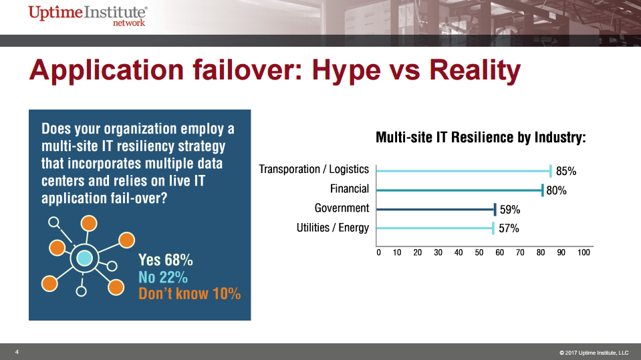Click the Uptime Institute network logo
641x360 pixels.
pyautogui.click(x=88, y=15)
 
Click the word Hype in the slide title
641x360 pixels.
pyautogui.click(x=346, y=71)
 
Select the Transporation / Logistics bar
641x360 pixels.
pyautogui.click(x=464, y=171)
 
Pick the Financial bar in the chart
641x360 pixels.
pyautogui.click(x=460, y=190)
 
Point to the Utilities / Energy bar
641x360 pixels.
pyautogui.click(x=435, y=228)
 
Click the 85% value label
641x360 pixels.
pyautogui.click(x=566, y=171)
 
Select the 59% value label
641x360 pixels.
pyautogui.click(x=510, y=210)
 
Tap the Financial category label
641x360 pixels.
pyautogui.click(x=350, y=189)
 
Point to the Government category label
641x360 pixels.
pyautogui.click(x=342, y=208)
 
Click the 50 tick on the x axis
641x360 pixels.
pyautogui.click(x=479, y=252)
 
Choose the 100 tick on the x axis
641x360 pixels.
pyautogui.click(x=584, y=252)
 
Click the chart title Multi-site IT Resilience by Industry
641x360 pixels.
pyautogui.click(x=481, y=138)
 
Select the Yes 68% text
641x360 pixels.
pyautogui.click(x=166, y=260)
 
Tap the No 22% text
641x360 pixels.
pyautogui.click(x=163, y=277)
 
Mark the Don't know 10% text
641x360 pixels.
pyautogui.click(x=190, y=294)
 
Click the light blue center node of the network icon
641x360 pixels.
pyautogui.click(x=85, y=258)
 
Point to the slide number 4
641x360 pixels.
pyautogui.click(x=17, y=352)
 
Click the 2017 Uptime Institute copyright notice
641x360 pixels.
pyautogui.click(x=594, y=353)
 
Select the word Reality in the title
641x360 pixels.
pyautogui.click(x=475, y=71)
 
